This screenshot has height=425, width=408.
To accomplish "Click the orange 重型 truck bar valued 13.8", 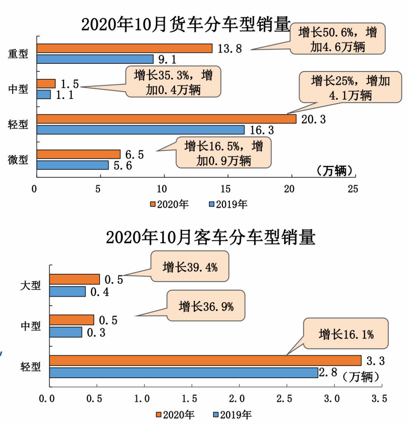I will tap(125, 48).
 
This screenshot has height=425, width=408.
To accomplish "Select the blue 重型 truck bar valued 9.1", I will tap(95, 59).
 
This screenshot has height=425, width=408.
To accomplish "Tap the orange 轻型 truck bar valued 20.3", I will tap(166, 119).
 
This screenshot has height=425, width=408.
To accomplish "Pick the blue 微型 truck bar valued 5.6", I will tap(73, 165).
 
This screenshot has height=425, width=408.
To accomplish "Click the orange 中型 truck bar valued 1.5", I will tap(46, 83).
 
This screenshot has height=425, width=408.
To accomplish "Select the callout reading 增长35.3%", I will tap(173, 82).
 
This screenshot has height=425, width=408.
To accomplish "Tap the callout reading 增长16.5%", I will tap(224, 153).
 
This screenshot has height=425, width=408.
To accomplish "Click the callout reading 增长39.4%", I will tap(190, 267).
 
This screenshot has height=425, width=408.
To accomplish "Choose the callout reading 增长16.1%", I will tap(346, 334).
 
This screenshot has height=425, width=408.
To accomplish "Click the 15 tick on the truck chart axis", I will tap(226, 189).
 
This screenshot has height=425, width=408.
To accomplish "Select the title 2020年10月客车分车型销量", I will tap(210, 237).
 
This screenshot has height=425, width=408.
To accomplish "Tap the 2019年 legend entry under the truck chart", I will tap(228, 204).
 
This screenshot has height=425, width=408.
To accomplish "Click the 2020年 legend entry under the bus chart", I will tap(175, 414).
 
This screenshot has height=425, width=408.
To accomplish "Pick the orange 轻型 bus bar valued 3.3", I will tap(205, 360).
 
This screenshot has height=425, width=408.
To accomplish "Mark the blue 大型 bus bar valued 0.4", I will tap(67, 291).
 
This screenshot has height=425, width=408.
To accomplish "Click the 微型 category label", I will tap(18, 159).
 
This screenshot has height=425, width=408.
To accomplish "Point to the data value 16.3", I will tap(261, 130).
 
